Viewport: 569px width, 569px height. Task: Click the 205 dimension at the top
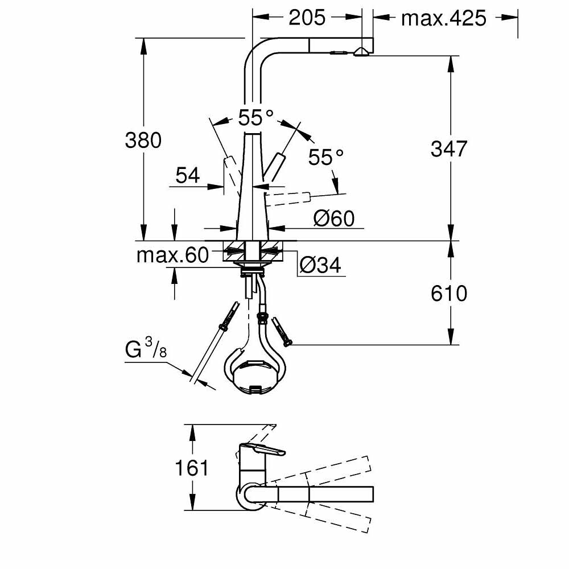[307, 18]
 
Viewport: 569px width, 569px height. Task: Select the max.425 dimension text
[444, 18]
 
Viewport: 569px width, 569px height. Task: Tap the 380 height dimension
[143, 140]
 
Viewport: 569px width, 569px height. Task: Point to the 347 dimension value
[449, 149]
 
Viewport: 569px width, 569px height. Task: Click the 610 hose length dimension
[449, 293]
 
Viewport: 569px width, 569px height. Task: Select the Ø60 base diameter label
[334, 217]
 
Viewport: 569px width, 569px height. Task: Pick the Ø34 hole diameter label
[320, 265]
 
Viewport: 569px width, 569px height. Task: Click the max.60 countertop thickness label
[173, 255]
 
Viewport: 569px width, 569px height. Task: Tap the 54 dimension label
[187, 176]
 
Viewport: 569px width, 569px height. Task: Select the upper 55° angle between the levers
[255, 118]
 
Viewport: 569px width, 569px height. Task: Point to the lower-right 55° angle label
[326, 157]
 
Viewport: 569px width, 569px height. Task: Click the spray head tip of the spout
[361, 52]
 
